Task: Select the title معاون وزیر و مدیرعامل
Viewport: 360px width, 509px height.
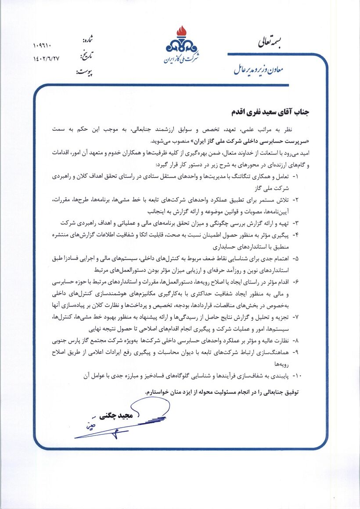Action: [x=259, y=69]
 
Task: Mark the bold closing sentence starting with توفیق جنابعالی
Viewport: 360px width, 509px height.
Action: [x=222, y=391]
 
